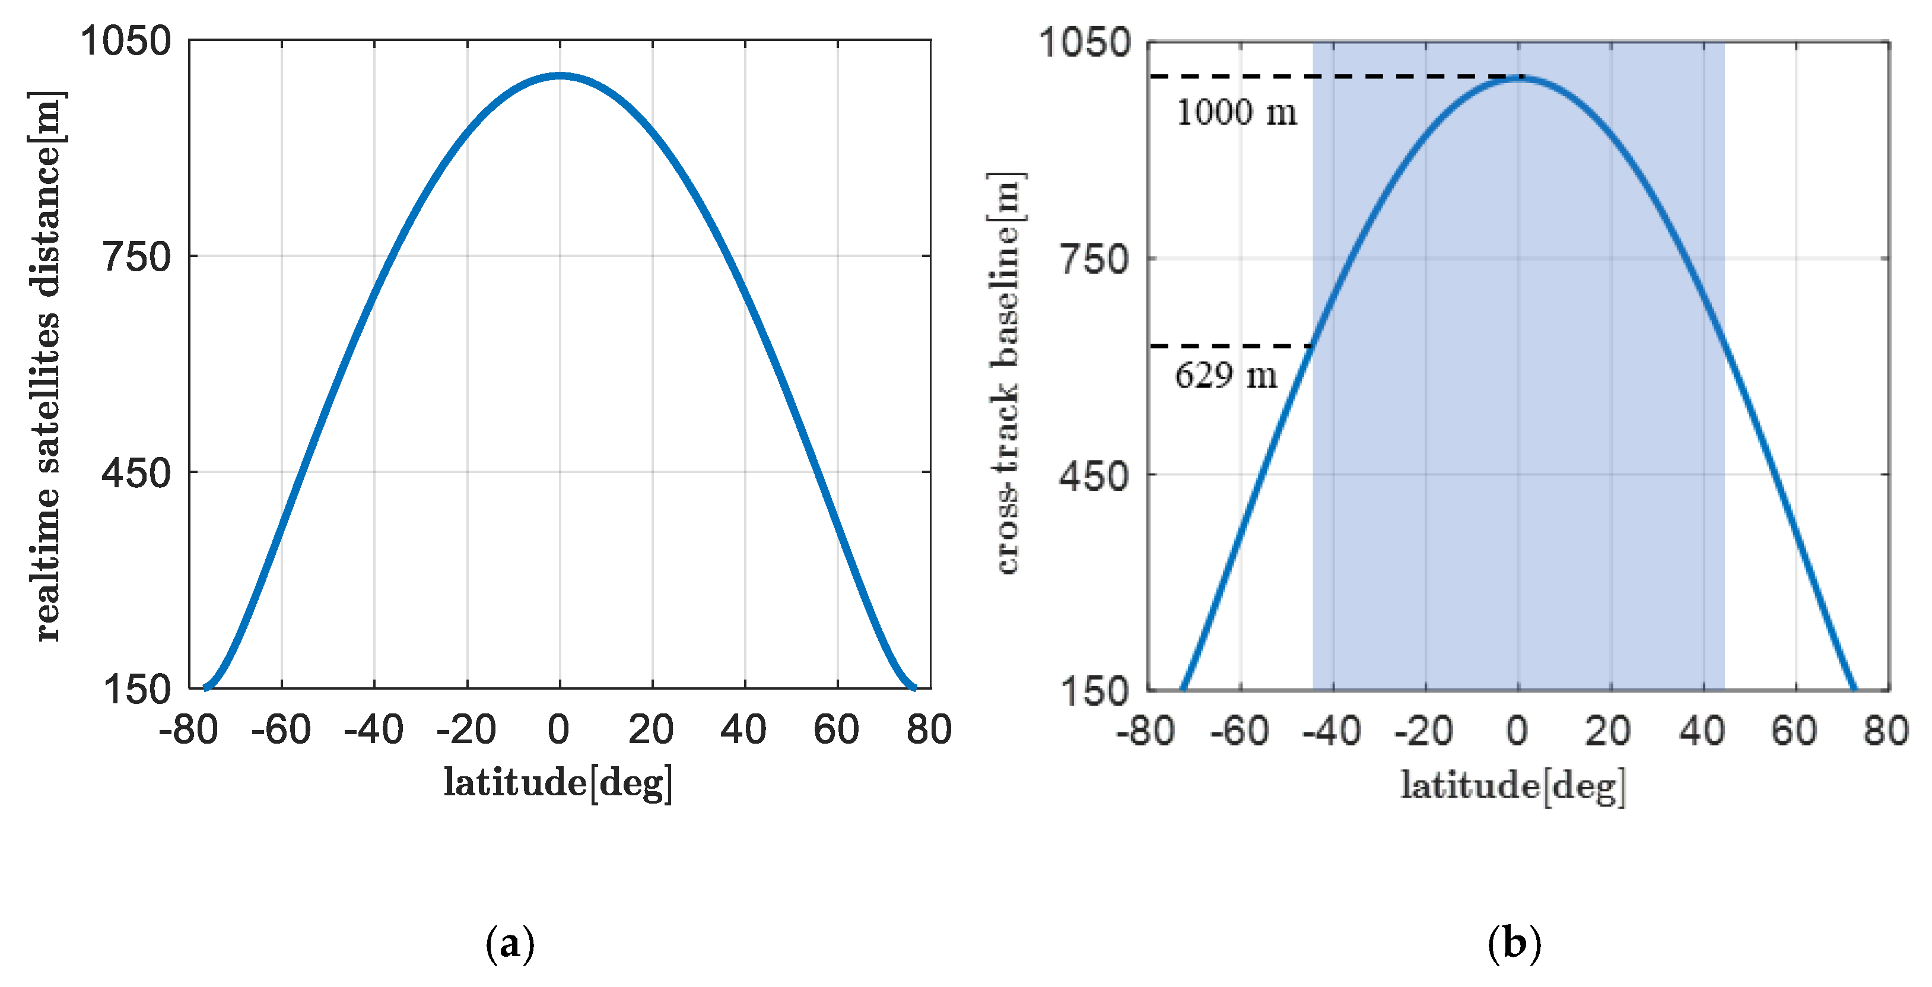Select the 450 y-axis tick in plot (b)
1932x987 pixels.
[1094, 476]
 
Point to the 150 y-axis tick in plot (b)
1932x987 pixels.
[1094, 691]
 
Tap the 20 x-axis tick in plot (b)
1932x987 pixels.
[1609, 731]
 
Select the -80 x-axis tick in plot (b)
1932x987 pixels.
[1145, 731]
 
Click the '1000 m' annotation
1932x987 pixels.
[1236, 113]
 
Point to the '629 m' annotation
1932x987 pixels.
[1225, 375]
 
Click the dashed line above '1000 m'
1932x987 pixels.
[1335, 77]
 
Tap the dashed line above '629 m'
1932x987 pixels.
[1231, 347]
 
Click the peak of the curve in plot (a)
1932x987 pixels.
[560, 75]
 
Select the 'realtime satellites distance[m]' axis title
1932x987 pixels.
[46, 366]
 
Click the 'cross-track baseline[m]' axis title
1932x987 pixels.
[1006, 373]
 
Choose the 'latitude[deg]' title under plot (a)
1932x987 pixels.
[558, 782]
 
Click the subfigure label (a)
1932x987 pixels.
[510, 942]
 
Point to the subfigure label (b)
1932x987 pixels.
[1514, 942]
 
